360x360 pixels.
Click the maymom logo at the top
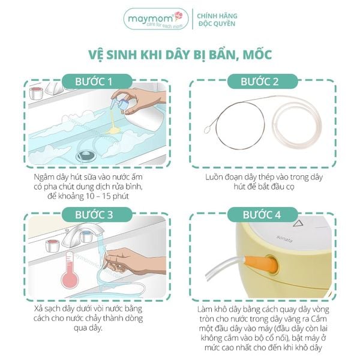(x=156, y=19)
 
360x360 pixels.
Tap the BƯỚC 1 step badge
(x=97, y=82)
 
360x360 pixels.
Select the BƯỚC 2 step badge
(x=262, y=82)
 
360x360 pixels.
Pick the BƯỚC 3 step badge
(x=97, y=215)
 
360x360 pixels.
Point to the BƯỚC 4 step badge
(x=262, y=215)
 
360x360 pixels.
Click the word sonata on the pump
(x=284, y=239)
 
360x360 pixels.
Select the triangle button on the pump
(x=299, y=223)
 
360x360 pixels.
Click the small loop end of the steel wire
(x=208, y=130)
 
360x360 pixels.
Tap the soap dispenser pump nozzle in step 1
(x=117, y=103)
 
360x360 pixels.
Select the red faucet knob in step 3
(x=53, y=246)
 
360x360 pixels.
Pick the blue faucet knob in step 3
(x=86, y=236)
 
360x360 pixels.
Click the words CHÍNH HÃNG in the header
(x=217, y=16)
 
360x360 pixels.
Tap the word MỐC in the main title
(x=257, y=55)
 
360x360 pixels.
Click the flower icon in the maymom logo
(x=178, y=16)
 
